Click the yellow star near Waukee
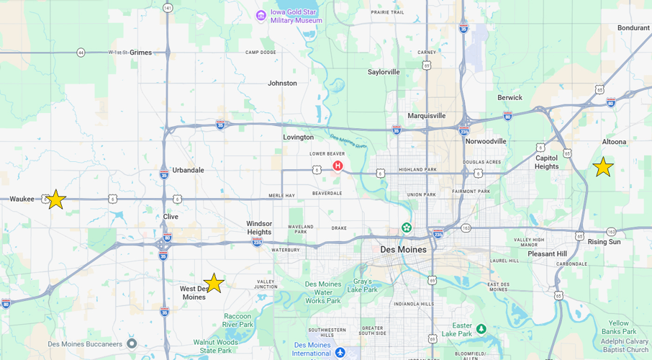(55, 199)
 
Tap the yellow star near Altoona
(603, 167)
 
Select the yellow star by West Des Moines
(214, 283)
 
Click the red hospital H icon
(338, 166)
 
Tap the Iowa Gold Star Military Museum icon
(261, 15)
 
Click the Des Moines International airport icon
(340, 352)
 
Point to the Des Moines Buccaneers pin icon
(132, 343)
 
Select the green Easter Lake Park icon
(481, 329)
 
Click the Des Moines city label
(403, 250)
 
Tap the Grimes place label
(140, 53)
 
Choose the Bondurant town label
(633, 28)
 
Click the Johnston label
(282, 83)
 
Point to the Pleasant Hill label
(547, 254)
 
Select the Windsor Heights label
(259, 228)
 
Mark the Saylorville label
(384, 72)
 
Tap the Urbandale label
(188, 170)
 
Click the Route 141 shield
(168, 8)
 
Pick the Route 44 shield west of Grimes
(81, 53)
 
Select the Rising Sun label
(605, 242)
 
